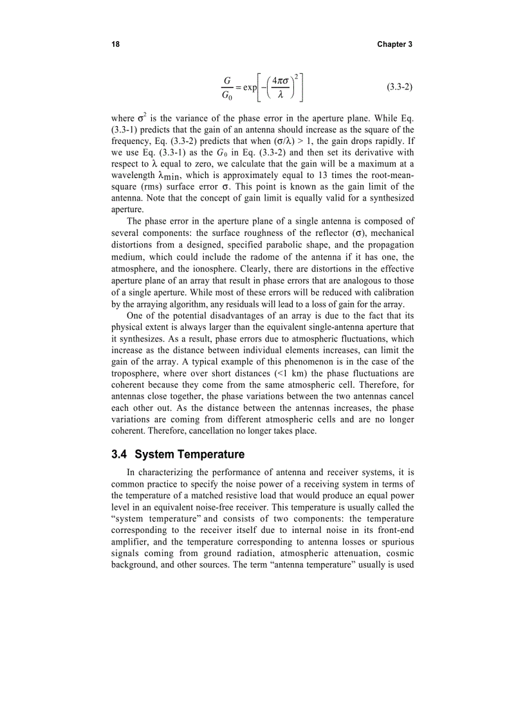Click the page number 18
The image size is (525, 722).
click(x=115, y=44)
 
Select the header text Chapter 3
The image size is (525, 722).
click(x=395, y=44)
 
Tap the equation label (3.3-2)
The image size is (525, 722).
click(x=400, y=87)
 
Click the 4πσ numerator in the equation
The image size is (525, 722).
click(x=282, y=81)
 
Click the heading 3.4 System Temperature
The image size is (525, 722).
click(x=178, y=455)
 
